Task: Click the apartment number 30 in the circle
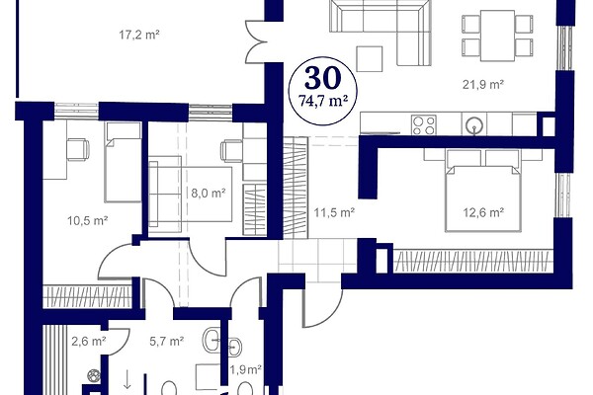[x=322, y=78]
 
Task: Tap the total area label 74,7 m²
[x=322, y=102]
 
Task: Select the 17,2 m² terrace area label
[x=139, y=35]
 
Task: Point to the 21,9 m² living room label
[x=483, y=84]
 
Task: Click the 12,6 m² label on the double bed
[x=483, y=212]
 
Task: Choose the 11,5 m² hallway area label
[x=334, y=212]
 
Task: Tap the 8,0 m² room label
[x=209, y=194]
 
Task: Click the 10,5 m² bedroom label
[x=88, y=220]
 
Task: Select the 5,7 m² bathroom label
[x=167, y=342]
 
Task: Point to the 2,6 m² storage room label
[x=89, y=342]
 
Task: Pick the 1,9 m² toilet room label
[x=246, y=369]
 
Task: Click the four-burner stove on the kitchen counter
[x=424, y=125]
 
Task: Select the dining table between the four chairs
[x=497, y=36]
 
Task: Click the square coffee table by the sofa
[x=370, y=58]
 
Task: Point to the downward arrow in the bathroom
[x=127, y=379]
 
